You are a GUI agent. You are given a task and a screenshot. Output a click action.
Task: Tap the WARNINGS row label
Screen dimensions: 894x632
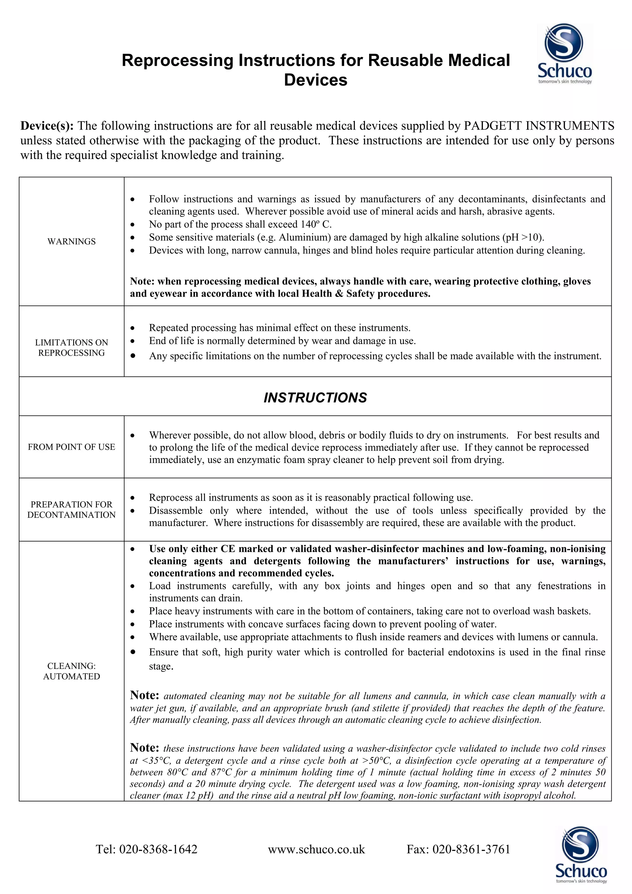71,241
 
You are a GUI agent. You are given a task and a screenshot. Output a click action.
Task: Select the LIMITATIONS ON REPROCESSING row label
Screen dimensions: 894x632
71,348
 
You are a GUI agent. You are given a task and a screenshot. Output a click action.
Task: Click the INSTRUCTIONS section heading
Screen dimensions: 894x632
315,398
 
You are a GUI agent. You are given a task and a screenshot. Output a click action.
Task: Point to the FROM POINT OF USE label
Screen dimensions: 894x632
71,447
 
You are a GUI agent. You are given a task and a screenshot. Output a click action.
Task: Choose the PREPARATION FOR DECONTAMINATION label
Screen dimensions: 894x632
71,509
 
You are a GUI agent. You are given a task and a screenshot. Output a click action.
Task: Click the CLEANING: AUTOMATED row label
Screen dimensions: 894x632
71,671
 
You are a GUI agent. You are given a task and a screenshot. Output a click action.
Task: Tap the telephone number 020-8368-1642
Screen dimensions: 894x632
158,849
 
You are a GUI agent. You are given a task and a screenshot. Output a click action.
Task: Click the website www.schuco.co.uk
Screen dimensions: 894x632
316,849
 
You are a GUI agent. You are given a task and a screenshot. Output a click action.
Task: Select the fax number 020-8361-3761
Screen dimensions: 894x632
471,849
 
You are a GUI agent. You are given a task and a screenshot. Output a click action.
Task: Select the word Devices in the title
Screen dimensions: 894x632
316,80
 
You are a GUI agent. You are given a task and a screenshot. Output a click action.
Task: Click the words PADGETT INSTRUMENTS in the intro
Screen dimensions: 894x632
539,126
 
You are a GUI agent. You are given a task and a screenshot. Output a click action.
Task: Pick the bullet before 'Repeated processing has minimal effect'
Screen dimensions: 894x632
133,328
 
